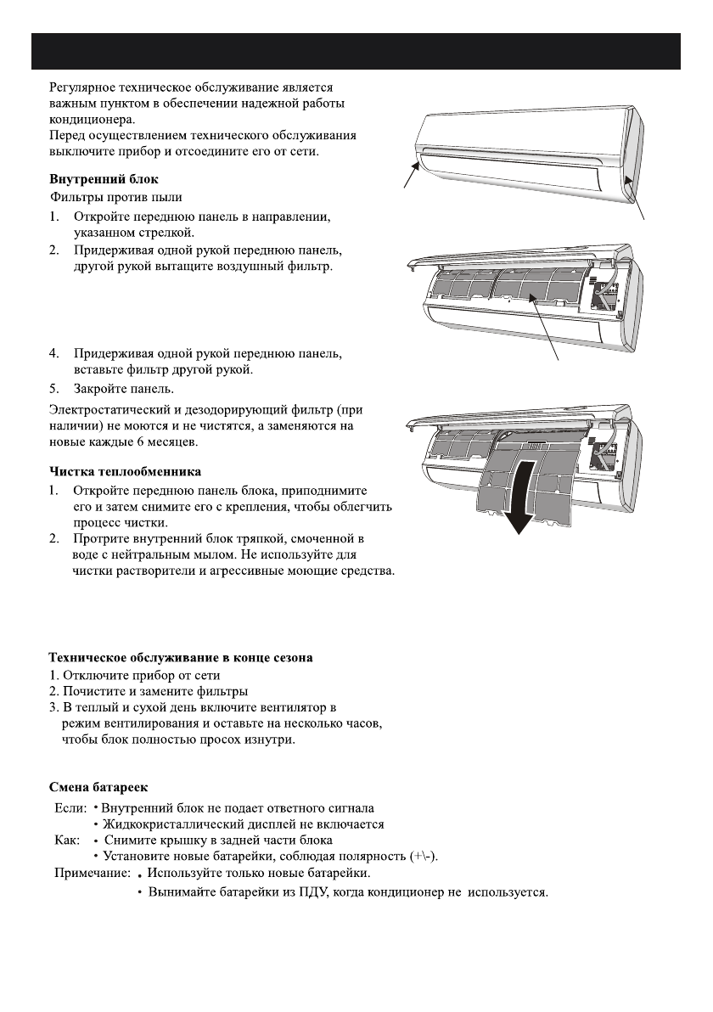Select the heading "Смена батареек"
(x=98, y=787)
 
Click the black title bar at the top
(x=356, y=52)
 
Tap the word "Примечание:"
(x=93, y=873)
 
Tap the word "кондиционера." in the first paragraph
(x=87, y=120)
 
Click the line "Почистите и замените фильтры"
(x=146, y=692)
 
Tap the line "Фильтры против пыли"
(x=103, y=197)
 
